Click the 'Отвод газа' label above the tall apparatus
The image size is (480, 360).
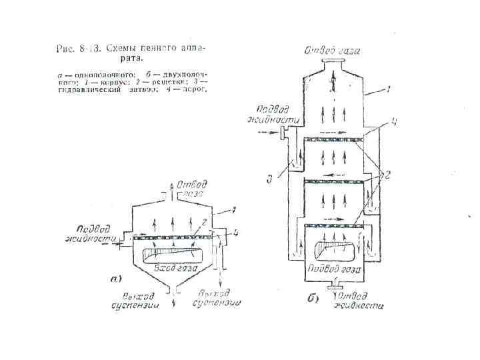(x=333, y=49)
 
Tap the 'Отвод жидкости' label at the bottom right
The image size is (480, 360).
(x=360, y=301)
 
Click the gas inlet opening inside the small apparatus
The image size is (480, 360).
(x=172, y=253)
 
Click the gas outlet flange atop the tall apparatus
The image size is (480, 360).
(x=333, y=63)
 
